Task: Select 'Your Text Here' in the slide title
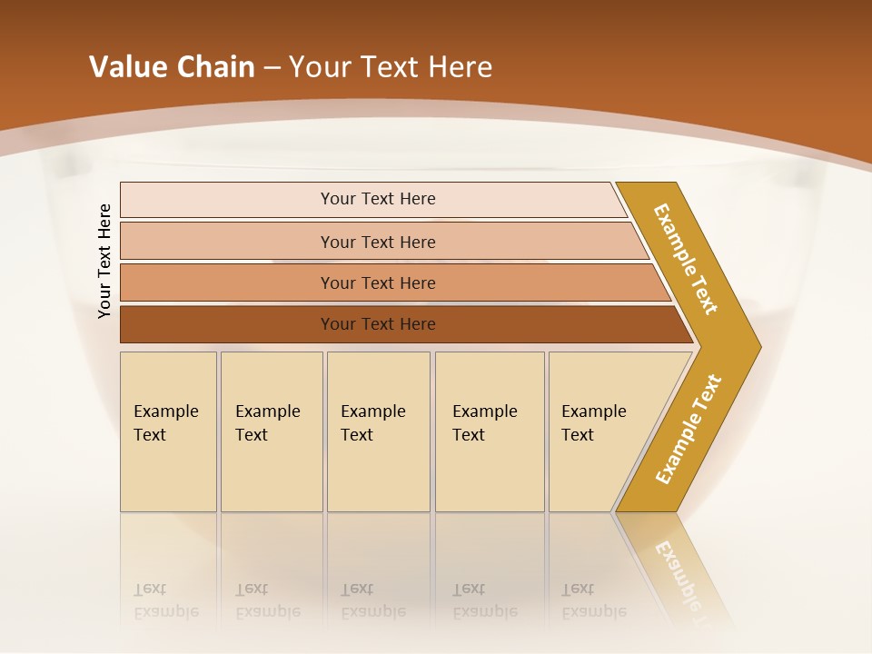(391, 67)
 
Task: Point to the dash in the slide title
(272, 68)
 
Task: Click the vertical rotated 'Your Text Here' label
(104, 261)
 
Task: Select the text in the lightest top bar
(378, 199)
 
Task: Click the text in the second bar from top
(378, 243)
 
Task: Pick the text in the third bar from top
(378, 283)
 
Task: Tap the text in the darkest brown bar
(378, 324)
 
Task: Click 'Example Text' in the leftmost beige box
(165, 423)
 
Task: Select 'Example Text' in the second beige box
(267, 423)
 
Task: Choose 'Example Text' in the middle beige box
(372, 423)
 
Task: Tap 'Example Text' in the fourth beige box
(484, 423)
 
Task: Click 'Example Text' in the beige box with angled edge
(593, 423)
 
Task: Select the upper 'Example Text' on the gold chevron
(686, 259)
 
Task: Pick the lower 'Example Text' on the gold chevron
(689, 430)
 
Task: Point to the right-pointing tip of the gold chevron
(758, 346)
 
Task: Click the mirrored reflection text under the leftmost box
(165, 600)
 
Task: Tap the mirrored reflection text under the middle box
(372, 600)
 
